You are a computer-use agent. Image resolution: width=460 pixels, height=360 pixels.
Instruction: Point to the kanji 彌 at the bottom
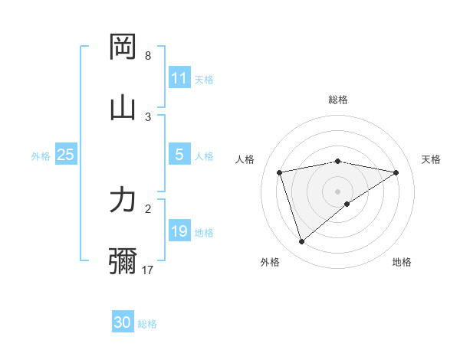123,261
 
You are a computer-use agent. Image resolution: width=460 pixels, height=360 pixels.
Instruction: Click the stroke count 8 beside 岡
148,56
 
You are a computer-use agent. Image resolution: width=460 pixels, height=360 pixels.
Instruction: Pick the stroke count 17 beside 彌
148,270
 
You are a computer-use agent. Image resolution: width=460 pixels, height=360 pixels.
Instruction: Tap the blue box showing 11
179,78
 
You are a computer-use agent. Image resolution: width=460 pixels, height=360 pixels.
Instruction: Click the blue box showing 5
179,155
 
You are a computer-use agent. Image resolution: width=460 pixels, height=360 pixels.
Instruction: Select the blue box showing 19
179,231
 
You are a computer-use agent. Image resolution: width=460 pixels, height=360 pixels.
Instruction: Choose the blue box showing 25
66,155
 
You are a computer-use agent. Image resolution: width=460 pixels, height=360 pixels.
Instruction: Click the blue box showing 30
123,322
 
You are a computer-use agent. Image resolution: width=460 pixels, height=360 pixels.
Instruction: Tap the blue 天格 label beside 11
204,79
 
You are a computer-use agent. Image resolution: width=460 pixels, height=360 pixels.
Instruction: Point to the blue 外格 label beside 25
41,155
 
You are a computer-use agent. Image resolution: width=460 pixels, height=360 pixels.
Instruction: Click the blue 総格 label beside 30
147,323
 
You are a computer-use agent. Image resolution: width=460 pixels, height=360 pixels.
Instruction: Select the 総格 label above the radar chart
338,100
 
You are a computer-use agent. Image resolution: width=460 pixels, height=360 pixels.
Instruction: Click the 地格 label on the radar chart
402,262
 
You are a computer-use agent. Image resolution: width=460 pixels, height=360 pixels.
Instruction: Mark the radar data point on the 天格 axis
396,172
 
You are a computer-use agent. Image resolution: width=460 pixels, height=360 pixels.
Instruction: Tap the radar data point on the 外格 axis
301,242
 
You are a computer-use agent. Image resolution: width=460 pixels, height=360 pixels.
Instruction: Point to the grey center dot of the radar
338,191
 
